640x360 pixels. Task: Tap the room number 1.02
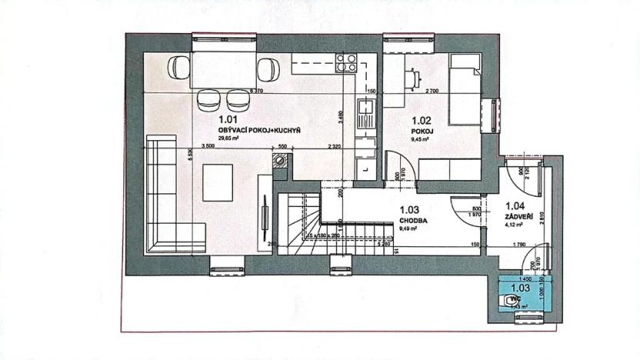422,120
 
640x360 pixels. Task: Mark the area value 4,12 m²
515,227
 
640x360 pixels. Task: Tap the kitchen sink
366,118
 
